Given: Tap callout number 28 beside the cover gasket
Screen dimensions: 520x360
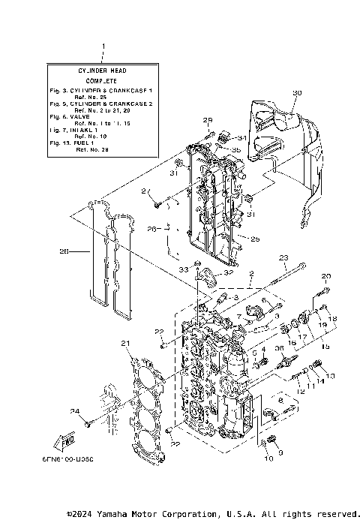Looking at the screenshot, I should pos(64,252).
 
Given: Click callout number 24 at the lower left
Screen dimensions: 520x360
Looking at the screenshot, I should pos(74,410).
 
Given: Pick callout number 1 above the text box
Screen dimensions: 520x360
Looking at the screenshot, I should pos(102,48).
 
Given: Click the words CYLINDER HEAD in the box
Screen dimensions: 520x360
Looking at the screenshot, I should pos(101,71).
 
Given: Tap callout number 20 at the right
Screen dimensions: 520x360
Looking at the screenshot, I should pos(326,277).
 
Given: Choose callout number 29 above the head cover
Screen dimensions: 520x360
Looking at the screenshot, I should pos(208,120).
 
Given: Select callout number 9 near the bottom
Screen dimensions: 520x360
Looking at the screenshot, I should pos(280,452).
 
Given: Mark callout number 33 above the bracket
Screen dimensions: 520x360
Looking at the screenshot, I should pos(182,268).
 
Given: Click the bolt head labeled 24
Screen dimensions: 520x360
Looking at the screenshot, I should pos(88,425).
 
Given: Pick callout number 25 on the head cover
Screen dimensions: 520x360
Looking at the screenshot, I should pos(254,239).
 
